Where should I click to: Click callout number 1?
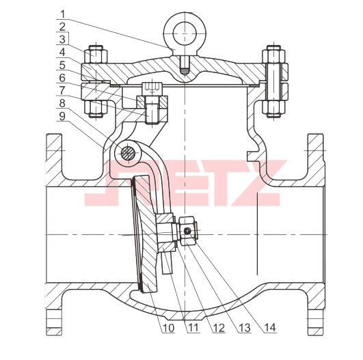[x=62, y=14]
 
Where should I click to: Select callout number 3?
[x=62, y=40]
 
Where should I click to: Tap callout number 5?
[x=62, y=66]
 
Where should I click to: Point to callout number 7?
[x=62, y=90]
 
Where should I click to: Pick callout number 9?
[x=62, y=116]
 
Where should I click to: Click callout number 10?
[x=168, y=328]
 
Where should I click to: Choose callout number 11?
[x=193, y=328]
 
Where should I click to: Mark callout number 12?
[x=219, y=328]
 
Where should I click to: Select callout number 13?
[x=245, y=328]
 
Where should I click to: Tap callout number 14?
[x=270, y=328]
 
